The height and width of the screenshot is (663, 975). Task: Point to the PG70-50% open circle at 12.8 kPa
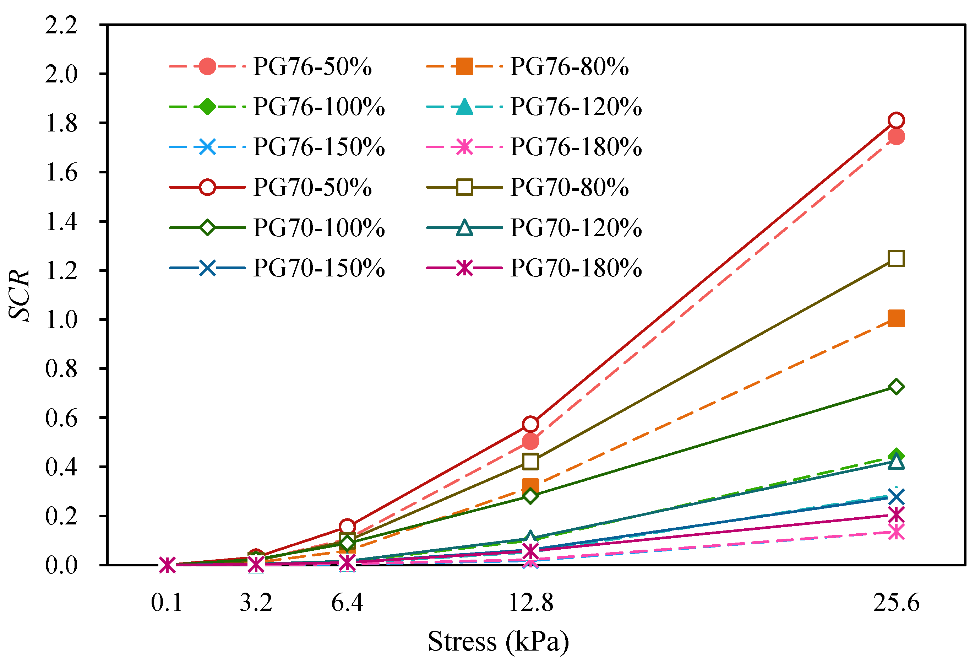tap(530, 424)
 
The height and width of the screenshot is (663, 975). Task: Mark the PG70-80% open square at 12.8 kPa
tap(530, 462)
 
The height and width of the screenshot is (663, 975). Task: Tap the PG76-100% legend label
tap(319, 107)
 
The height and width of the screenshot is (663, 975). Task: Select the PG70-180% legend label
tap(576, 268)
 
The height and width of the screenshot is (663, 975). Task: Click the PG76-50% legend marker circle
tap(207, 66)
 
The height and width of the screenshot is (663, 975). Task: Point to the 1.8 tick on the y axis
tap(61, 123)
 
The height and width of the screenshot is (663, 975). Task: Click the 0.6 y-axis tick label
tap(61, 418)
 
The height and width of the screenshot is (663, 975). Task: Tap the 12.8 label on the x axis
tap(530, 603)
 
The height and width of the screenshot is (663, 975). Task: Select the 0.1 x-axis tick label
tap(167, 603)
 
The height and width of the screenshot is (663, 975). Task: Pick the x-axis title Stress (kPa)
tap(499, 641)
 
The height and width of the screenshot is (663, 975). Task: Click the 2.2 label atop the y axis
tap(61, 25)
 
